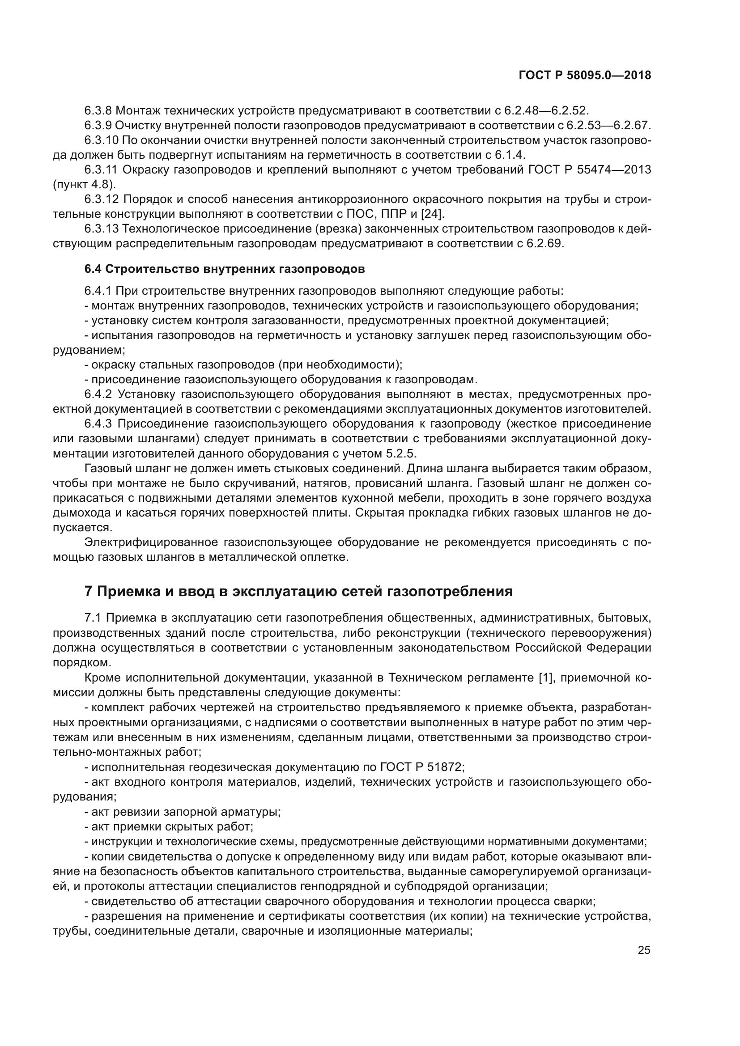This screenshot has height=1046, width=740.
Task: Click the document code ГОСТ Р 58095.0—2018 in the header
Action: point(585,76)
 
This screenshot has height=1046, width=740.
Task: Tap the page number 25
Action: point(644,950)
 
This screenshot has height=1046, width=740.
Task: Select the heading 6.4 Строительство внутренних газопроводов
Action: point(225,269)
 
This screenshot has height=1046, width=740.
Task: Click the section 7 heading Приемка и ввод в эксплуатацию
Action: point(298,591)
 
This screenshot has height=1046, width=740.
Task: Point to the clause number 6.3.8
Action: point(98,111)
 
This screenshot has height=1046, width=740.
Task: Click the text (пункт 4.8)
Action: point(84,185)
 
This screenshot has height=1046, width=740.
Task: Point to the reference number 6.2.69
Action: point(545,243)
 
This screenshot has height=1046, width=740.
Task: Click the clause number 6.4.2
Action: point(98,394)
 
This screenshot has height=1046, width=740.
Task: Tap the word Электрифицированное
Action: point(151,542)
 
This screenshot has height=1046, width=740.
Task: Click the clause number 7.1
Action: point(93,618)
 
